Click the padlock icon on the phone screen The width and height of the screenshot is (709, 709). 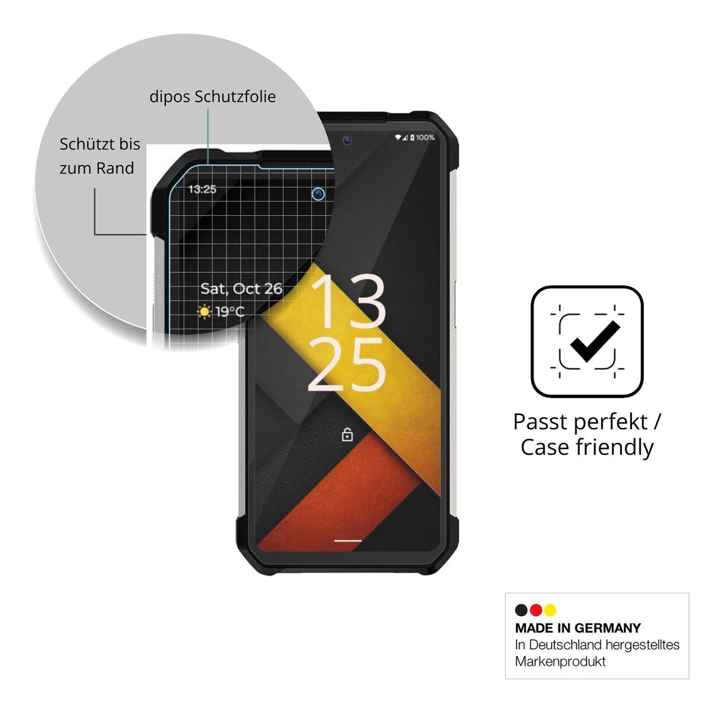[347, 435]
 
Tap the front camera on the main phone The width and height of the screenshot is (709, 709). [347, 140]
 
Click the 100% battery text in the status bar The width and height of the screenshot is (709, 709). [425, 137]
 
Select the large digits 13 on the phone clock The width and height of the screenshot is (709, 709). [348, 300]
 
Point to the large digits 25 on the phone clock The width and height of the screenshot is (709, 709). [346, 365]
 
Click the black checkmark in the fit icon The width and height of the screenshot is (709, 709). [595, 341]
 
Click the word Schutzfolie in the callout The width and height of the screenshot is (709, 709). [235, 96]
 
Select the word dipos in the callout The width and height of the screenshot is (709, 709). [170, 97]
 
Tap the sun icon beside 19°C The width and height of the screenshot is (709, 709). [205, 312]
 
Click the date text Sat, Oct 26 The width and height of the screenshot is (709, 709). [241, 289]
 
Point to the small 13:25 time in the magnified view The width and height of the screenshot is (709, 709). [202, 189]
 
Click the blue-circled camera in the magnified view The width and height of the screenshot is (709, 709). [318, 194]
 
